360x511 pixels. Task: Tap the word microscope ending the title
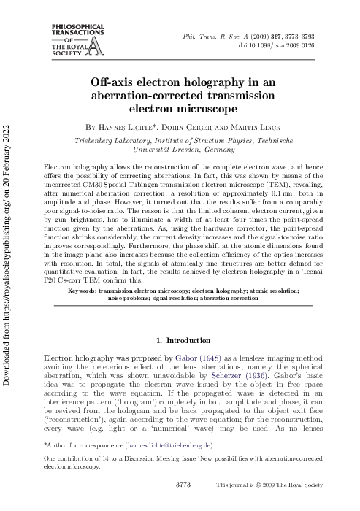click(207, 109)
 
